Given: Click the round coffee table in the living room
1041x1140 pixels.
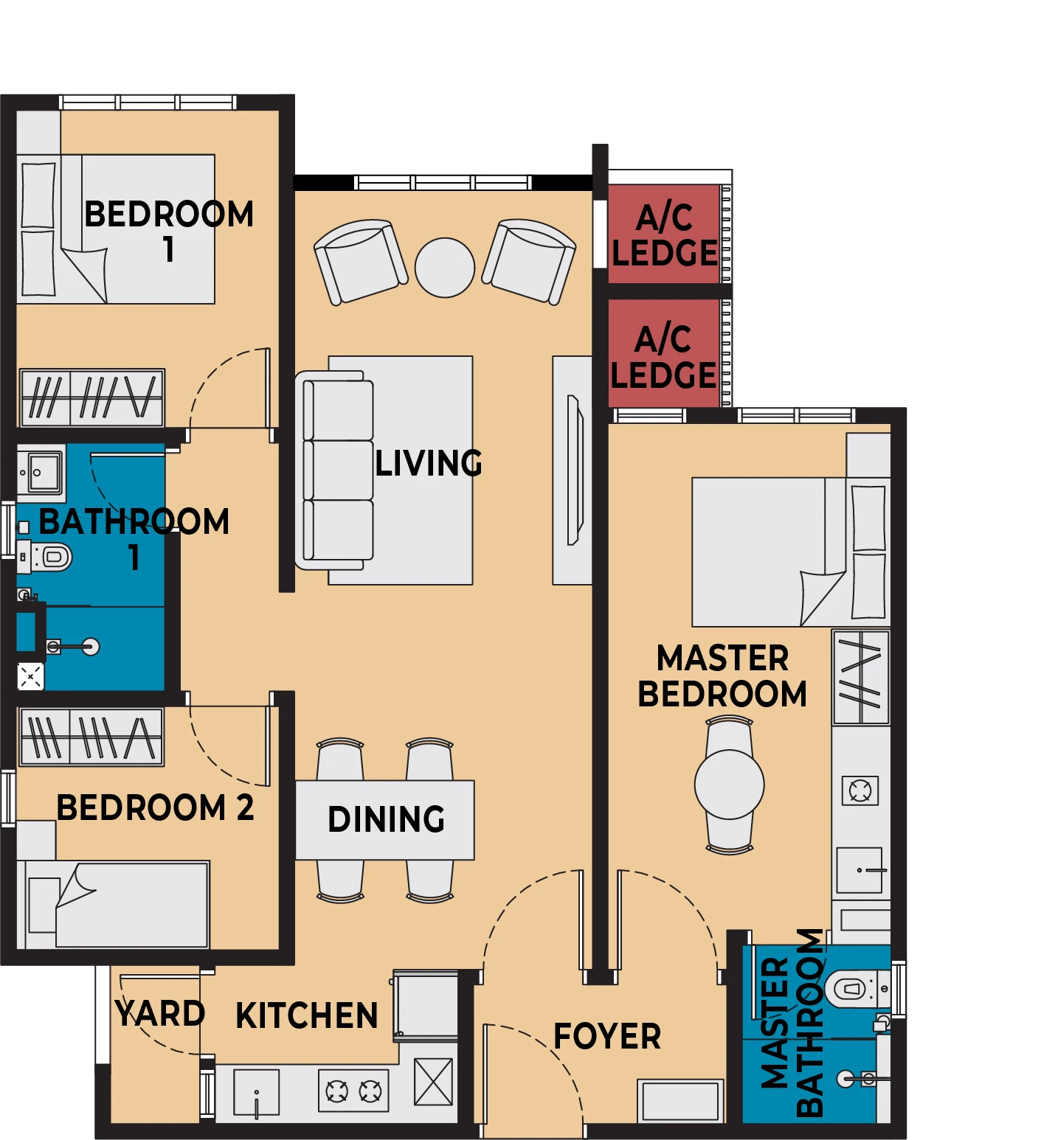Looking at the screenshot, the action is [x=445, y=268].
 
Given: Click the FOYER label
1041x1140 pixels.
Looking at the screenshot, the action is [x=607, y=1036].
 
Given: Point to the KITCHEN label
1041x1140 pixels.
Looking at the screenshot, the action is [x=307, y=1015].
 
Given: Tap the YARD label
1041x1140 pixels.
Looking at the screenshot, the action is [x=160, y=1013].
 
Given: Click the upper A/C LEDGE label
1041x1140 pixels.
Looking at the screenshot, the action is [x=665, y=235].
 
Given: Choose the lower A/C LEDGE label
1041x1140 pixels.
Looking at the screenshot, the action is [x=663, y=357].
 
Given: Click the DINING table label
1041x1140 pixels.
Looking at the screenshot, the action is [x=387, y=819].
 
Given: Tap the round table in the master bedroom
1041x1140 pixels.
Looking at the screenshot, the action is [x=730, y=785].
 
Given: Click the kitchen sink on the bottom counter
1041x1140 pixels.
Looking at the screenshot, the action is [x=257, y=1093].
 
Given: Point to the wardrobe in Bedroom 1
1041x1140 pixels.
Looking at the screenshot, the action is [x=92, y=398].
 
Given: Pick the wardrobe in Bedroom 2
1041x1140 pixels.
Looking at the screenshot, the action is [x=91, y=737].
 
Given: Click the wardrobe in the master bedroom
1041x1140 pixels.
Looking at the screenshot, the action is [x=861, y=677].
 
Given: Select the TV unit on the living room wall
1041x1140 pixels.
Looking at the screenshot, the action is [x=573, y=470].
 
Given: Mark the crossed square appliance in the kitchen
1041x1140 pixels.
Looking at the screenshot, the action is [x=433, y=1082].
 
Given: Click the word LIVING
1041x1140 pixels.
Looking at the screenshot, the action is [x=429, y=464].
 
